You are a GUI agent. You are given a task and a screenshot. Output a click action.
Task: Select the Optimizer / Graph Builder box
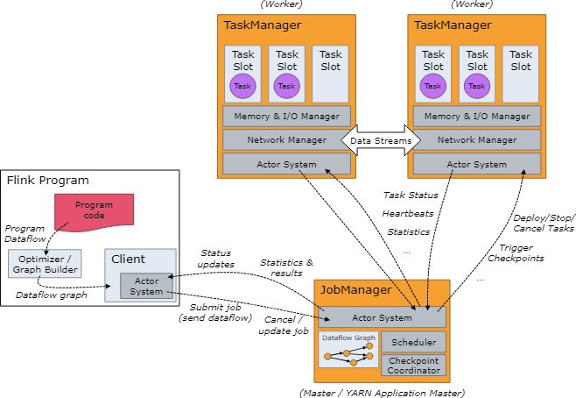(x=45, y=264)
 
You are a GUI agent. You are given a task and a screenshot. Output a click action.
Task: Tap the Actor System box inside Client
(x=147, y=286)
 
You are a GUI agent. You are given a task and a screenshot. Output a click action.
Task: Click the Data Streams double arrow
(x=382, y=139)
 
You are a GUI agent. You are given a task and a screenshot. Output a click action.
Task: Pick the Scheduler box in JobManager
(x=413, y=342)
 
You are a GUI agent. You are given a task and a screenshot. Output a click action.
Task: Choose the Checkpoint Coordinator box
(x=413, y=365)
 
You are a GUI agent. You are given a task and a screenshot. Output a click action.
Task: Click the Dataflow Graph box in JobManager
(x=348, y=350)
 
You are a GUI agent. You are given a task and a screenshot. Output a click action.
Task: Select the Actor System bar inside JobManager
(x=382, y=317)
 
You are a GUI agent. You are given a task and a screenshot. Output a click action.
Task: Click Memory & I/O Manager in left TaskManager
(x=286, y=116)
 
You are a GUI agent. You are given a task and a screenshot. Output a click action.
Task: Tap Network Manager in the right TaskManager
(x=476, y=139)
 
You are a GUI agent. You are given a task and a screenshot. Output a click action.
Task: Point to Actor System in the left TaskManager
(x=286, y=164)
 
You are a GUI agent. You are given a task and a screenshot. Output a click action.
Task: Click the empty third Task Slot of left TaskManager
(x=330, y=75)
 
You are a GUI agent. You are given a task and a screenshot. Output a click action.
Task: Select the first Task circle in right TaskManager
(x=433, y=86)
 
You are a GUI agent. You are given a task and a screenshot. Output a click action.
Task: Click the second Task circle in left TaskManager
(x=287, y=86)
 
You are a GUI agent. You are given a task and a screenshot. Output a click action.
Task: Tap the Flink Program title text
(x=47, y=181)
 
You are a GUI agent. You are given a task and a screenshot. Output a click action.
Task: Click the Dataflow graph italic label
(x=51, y=295)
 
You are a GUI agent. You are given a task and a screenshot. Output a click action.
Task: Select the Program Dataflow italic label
(x=24, y=234)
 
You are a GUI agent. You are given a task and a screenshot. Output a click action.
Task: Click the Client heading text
(x=128, y=259)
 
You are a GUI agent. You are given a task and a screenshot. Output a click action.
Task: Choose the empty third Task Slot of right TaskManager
(x=521, y=75)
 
